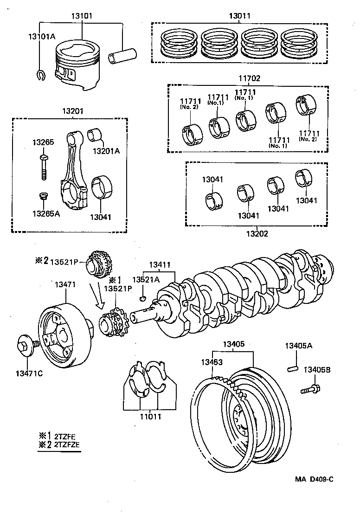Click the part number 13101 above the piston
[x=82, y=16]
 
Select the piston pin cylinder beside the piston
[x=122, y=56]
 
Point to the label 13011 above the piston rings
[x=239, y=16]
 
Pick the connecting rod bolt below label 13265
[x=43, y=167]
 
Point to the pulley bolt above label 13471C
[x=26, y=346]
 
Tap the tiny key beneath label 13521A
[x=144, y=297]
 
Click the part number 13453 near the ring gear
[x=212, y=362]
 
